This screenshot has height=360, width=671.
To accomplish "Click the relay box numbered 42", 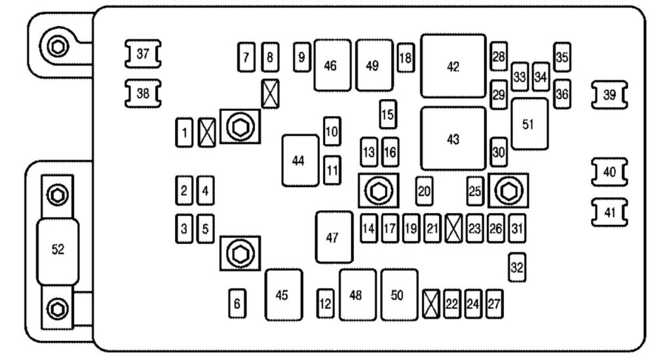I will [x=453, y=67].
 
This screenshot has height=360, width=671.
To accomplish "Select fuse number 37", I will [x=143, y=54].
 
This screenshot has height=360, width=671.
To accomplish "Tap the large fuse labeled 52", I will [x=58, y=251].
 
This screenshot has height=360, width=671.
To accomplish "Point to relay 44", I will [x=299, y=161].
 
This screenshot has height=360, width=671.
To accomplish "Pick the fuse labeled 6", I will [x=237, y=304].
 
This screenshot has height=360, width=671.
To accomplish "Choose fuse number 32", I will [x=517, y=268].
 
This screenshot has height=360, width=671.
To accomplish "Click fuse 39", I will [x=609, y=95].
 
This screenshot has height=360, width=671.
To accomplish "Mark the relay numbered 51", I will [x=529, y=124].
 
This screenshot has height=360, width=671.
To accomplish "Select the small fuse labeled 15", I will [x=388, y=115].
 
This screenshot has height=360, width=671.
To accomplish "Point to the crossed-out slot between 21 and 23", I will [x=453, y=230].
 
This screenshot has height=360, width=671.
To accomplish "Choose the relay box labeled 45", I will [x=282, y=295].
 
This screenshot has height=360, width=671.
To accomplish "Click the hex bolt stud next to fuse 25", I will [x=507, y=191].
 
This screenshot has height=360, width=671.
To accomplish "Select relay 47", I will [x=333, y=237].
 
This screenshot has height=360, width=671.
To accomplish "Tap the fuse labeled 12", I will [x=326, y=304].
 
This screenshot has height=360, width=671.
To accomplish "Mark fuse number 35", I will [x=562, y=57].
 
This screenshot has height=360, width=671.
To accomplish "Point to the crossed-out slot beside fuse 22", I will [x=431, y=303].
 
